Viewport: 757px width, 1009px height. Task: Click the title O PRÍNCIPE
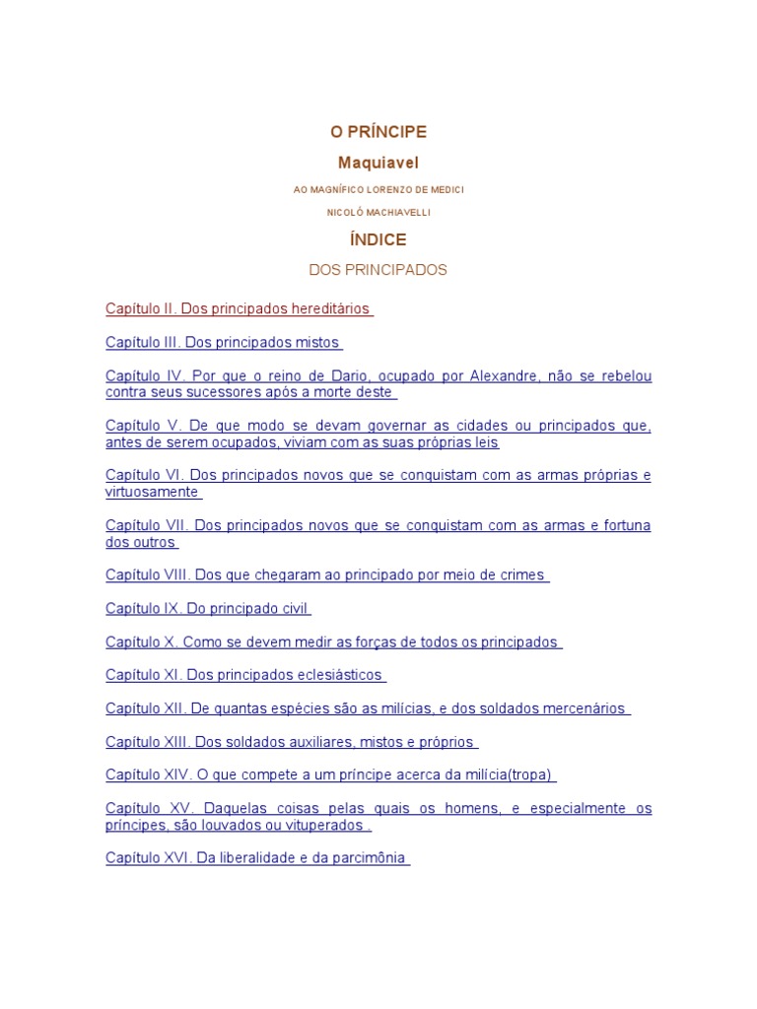378,132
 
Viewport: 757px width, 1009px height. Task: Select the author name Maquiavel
378,163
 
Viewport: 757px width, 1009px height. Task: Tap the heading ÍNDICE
378,239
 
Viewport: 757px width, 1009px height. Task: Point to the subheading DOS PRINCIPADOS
378,270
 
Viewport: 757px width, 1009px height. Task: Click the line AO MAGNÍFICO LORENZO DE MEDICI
378,189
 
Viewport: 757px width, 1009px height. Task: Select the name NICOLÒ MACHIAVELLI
378,212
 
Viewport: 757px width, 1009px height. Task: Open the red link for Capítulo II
239,309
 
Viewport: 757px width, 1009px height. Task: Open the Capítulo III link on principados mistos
223,343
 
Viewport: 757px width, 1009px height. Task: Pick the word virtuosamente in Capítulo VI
152,492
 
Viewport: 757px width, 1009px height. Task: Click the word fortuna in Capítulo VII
621,525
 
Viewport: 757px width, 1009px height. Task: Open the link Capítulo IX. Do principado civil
208,609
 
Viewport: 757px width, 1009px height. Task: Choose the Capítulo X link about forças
332,642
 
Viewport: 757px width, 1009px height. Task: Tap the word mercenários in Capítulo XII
578,708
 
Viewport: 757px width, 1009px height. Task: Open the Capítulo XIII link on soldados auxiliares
291,742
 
